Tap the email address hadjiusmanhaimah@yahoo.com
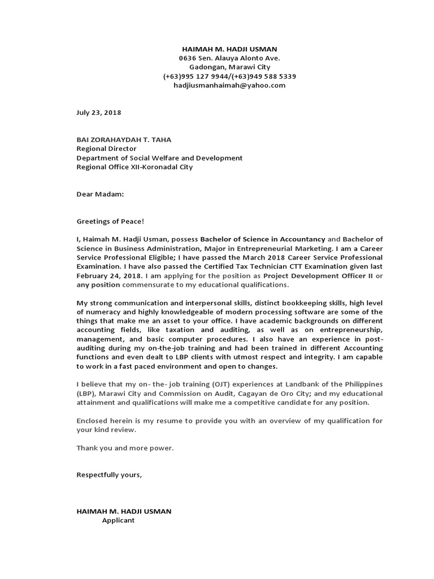click(229, 85)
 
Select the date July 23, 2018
click(99, 113)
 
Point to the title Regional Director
click(106, 149)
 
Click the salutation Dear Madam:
click(100, 194)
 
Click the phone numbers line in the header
click(229, 76)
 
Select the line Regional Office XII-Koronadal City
click(134, 167)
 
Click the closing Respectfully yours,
click(109, 474)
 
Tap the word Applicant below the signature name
click(118, 520)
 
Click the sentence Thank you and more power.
click(125, 448)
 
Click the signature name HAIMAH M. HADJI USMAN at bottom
click(124, 511)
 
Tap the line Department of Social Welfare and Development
click(159, 158)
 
